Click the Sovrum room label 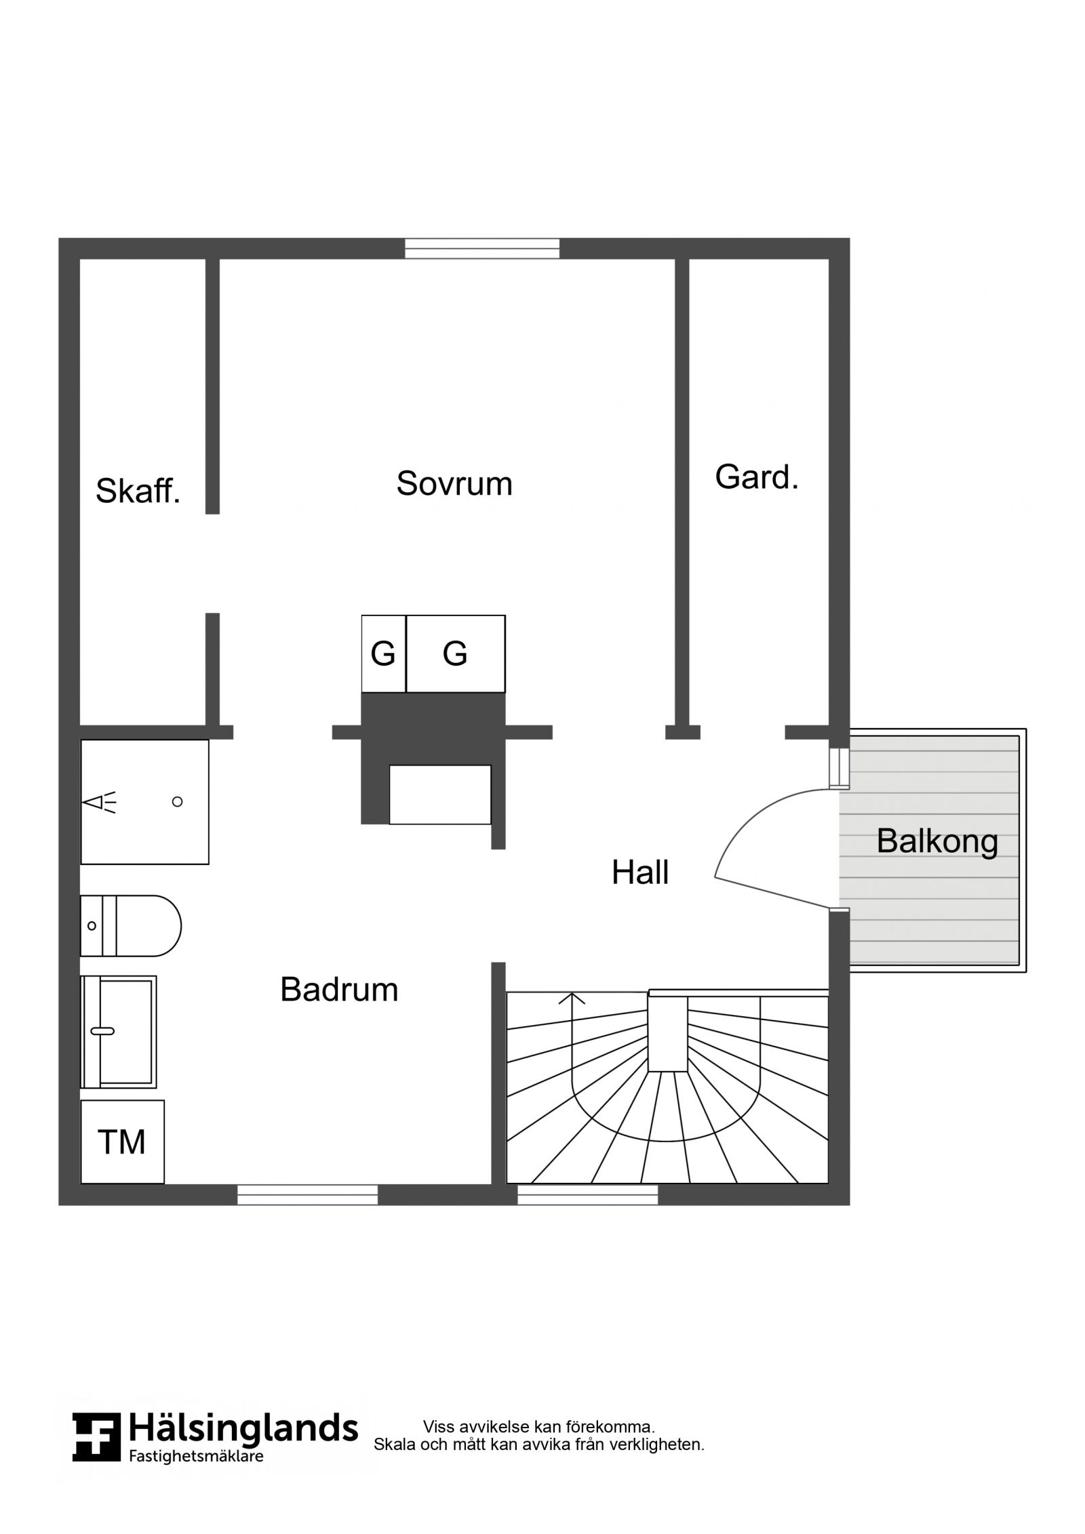(454, 484)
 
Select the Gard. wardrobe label (757, 477)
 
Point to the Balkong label (937, 841)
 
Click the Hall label (640, 872)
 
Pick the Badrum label (339, 990)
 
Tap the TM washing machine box (123, 1142)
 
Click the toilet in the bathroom (131, 926)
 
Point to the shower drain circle (178, 802)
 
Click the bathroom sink (119, 1032)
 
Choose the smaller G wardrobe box (384, 654)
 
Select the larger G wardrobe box (456, 654)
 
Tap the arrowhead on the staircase (572, 998)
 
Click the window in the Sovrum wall (482, 249)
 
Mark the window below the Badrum (307, 1194)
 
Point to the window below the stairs (587, 1194)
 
